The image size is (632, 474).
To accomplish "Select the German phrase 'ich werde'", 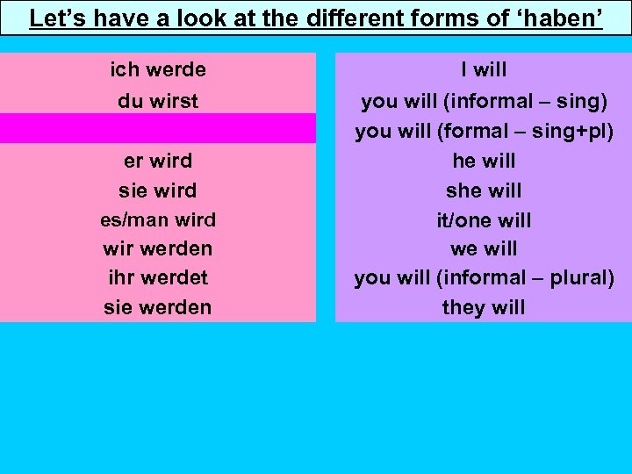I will tap(158, 69).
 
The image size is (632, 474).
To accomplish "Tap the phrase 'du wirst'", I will tap(158, 101).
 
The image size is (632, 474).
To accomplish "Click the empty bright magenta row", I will tap(158, 128).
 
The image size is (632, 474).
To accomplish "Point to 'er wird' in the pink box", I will tap(158, 161).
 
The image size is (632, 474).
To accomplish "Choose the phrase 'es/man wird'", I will tap(158, 219).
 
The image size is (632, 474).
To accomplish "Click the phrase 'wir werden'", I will tap(158, 248).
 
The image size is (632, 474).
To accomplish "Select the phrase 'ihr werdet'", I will tap(158, 278).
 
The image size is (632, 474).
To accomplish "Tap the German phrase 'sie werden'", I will tap(158, 307).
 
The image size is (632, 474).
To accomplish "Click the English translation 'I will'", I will tap(484, 69).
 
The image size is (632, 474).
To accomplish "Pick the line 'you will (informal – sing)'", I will tap(484, 101).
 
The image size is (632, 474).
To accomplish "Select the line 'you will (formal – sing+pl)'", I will tap(484, 131).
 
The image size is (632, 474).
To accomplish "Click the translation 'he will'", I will tap(484, 161).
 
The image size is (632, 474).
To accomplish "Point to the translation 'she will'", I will tap(484, 190).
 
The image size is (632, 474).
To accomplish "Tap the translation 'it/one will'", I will tap(484, 219).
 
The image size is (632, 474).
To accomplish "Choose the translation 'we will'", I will tap(484, 248).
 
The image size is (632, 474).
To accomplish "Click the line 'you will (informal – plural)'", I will tap(484, 278).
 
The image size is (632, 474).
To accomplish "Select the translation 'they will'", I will tap(484, 307).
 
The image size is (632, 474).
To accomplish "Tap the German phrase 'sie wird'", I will tap(158, 190).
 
